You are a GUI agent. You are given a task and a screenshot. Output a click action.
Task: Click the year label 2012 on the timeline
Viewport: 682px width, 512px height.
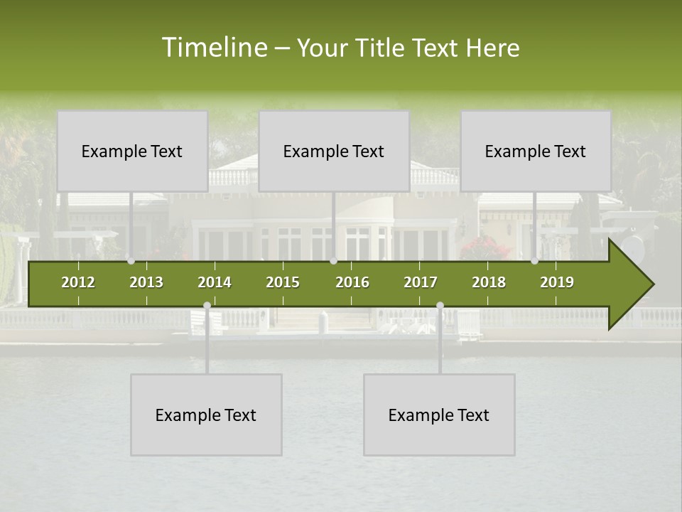(78, 282)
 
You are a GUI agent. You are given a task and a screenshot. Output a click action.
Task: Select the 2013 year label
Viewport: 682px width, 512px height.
(146, 282)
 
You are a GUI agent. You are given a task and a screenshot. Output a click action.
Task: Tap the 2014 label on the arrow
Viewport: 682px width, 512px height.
(215, 282)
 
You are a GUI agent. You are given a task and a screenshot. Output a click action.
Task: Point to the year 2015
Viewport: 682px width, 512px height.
(283, 282)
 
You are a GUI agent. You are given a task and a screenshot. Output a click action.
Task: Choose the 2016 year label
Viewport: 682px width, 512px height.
(352, 282)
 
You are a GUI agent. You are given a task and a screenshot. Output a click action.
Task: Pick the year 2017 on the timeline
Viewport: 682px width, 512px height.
(421, 282)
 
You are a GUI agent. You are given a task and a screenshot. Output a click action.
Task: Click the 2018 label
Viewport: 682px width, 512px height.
(489, 282)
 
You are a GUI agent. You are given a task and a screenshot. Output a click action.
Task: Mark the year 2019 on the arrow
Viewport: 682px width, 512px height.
(557, 282)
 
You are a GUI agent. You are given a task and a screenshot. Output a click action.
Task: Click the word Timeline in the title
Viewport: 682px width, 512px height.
(213, 48)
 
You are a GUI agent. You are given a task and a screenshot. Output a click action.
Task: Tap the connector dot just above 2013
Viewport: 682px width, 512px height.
(131, 261)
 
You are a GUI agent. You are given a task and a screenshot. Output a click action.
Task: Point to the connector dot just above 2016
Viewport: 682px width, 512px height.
(333, 261)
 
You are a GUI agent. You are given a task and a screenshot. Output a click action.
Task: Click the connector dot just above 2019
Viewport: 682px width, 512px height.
(534, 261)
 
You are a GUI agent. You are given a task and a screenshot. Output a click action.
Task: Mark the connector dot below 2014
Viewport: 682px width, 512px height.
(207, 305)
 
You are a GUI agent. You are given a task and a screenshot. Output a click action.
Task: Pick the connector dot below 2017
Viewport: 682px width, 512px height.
(440, 305)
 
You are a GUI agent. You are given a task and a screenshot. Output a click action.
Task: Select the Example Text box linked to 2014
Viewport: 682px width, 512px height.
(206, 415)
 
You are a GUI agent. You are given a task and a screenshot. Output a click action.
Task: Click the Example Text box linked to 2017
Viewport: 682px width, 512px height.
(439, 415)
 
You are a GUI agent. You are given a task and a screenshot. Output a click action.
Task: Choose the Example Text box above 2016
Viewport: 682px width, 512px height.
(334, 151)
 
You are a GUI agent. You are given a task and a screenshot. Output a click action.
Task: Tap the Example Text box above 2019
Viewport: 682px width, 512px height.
(536, 151)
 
